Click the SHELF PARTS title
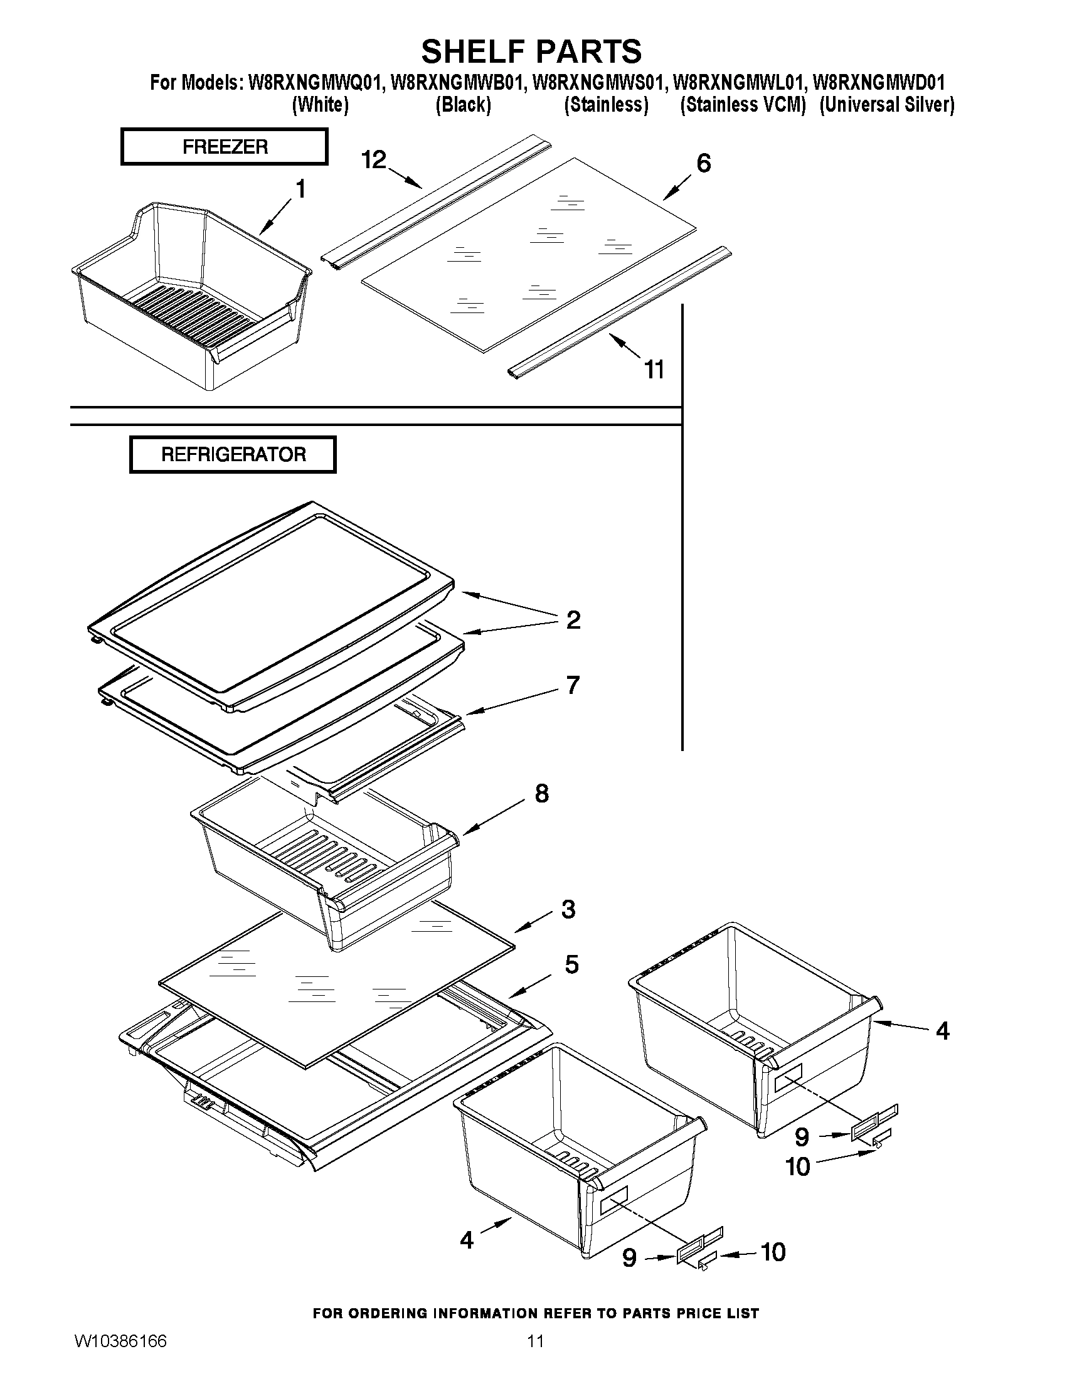[x=531, y=51]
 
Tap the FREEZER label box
[x=225, y=147]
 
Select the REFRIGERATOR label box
[x=233, y=454]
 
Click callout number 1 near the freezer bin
[x=301, y=188]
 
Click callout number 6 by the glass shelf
[x=704, y=163]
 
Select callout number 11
[x=654, y=370]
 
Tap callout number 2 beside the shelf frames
[x=573, y=620]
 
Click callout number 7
[x=573, y=685]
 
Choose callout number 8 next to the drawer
[x=542, y=793]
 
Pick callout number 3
[x=568, y=909]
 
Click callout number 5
[x=571, y=964]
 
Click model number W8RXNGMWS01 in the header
[x=598, y=83]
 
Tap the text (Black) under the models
[x=464, y=104]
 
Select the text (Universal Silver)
[x=887, y=104]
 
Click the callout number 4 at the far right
[x=942, y=1032]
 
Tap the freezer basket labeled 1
[x=189, y=297]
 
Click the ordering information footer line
[x=536, y=1313]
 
